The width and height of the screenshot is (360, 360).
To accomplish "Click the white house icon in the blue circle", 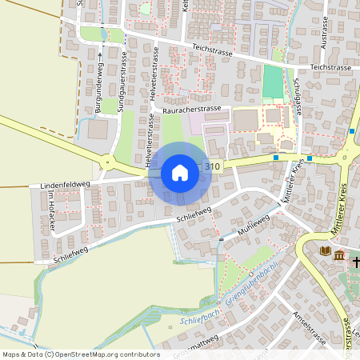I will click(180, 172).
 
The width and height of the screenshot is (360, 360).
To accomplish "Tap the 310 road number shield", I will click(212, 166).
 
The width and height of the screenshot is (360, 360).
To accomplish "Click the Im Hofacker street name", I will click(50, 211).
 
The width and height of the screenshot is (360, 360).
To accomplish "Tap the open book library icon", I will click(325, 252).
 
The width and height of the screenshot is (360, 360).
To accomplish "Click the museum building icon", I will click(340, 256).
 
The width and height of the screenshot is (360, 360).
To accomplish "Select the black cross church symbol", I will click(355, 261).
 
